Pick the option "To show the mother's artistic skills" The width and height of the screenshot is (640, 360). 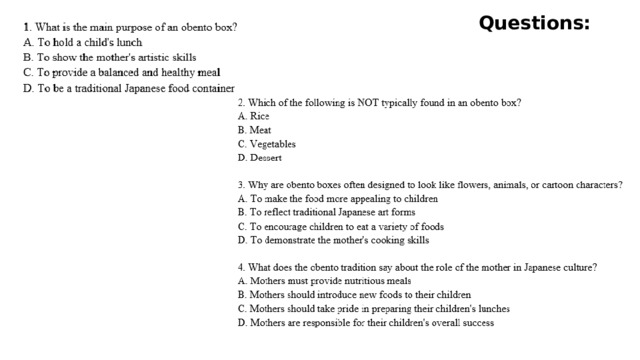(109, 58)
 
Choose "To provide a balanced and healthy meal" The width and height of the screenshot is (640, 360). (121, 73)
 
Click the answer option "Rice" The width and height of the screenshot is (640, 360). (254, 117)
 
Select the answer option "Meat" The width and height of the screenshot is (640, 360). (254, 131)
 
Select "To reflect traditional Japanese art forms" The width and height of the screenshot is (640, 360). (326, 213)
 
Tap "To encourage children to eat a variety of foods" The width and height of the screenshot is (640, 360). (340, 227)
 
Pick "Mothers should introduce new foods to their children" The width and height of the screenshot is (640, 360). (354, 296)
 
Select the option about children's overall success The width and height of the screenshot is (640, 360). (365, 324)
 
